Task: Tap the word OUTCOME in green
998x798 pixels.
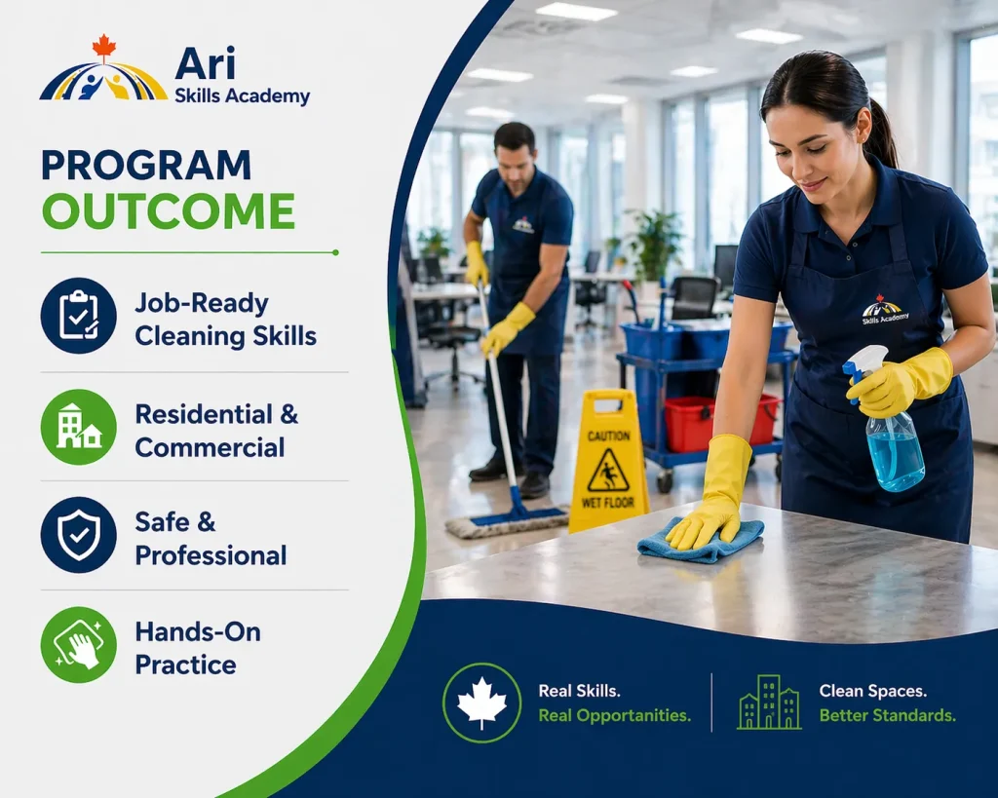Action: coord(169,211)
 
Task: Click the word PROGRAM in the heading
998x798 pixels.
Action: coord(146,165)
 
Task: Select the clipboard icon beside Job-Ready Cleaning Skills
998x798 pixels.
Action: coord(79,315)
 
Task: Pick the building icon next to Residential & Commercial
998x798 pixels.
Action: coord(79,427)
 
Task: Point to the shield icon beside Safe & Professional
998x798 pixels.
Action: coord(79,535)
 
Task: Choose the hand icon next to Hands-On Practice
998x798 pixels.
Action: coord(79,645)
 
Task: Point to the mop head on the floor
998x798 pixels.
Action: coord(507,522)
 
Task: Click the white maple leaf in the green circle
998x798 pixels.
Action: coord(481,703)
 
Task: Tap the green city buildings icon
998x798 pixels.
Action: coord(769,702)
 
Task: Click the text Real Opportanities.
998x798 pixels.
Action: coord(614,715)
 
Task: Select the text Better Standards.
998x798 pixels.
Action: coord(887,715)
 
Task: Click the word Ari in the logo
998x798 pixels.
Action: coord(205,63)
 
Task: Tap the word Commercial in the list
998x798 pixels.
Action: coord(210,447)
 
